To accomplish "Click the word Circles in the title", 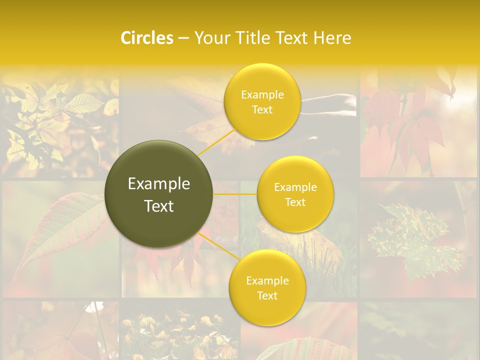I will pyautogui.click(x=147, y=38).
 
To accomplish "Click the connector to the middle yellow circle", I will pyautogui.click(x=235, y=194).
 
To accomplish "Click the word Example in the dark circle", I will pyautogui.click(x=159, y=184).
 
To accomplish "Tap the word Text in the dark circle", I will pyautogui.click(x=159, y=206).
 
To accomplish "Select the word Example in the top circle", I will pyautogui.click(x=262, y=95).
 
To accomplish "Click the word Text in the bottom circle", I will pyautogui.click(x=267, y=295).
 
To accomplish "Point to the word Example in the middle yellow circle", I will pyautogui.click(x=295, y=187).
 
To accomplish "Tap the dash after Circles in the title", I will pyautogui.click(x=183, y=38).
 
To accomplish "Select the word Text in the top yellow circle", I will pyautogui.click(x=262, y=109).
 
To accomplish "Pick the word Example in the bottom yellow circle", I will pyautogui.click(x=267, y=280).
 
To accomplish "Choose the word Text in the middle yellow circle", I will pyautogui.click(x=295, y=202).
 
